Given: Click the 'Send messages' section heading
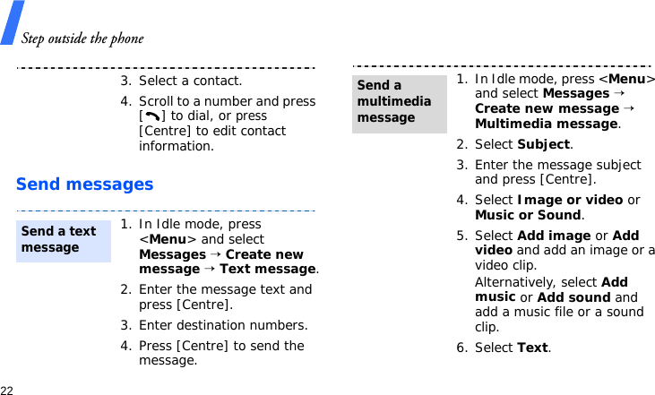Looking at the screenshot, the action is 85,185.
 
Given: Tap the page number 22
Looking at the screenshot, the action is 7,391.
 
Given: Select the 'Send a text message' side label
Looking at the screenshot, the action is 59,239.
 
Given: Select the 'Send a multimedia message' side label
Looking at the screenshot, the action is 394,101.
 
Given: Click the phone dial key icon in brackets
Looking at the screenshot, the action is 150,116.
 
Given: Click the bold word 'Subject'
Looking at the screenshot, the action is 543,144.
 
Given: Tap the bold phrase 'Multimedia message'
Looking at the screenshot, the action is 546,124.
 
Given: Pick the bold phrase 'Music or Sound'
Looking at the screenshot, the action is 528,215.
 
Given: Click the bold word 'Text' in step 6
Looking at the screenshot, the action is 532,348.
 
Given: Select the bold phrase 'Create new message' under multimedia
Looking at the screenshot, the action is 547,108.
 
